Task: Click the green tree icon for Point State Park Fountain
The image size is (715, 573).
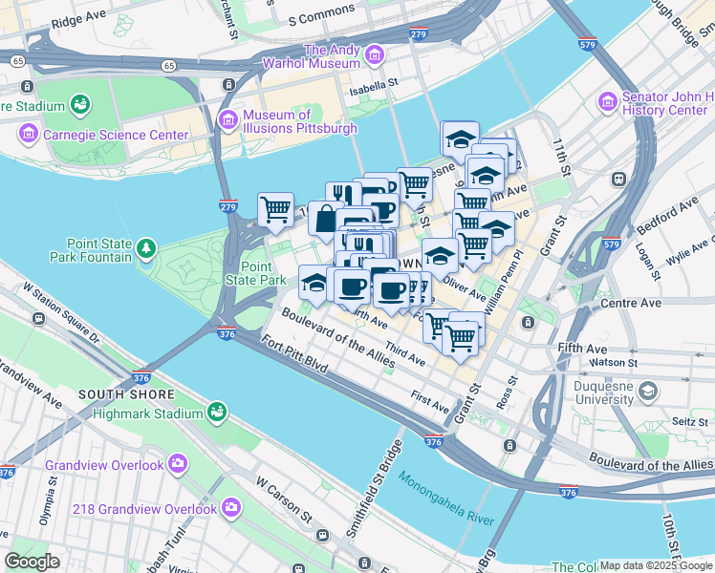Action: click(x=146, y=250)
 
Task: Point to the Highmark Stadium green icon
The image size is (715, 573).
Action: click(x=218, y=413)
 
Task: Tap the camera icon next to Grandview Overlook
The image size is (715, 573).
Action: click(x=178, y=464)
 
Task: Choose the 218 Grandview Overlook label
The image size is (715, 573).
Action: click(x=153, y=508)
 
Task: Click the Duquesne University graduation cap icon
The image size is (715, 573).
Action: click(x=649, y=392)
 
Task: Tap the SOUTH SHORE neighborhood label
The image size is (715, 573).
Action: click(x=127, y=394)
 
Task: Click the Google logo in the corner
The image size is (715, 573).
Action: click(x=32, y=562)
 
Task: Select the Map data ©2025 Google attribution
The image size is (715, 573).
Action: click(x=656, y=565)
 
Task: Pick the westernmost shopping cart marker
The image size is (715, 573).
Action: click(x=275, y=208)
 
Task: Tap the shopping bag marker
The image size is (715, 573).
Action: click(x=326, y=218)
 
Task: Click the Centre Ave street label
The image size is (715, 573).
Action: click(x=631, y=303)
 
